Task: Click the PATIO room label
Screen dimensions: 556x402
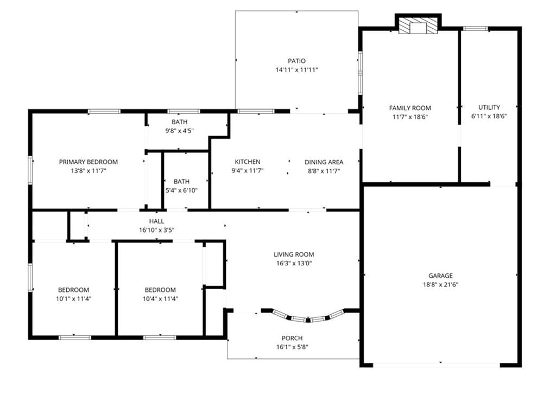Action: coord(296,61)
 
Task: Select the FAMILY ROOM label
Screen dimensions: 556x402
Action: coord(410,108)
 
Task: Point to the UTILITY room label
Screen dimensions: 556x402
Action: coord(489,107)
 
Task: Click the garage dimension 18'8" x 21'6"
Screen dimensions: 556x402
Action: coord(440,284)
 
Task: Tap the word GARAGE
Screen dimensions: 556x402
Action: coord(440,276)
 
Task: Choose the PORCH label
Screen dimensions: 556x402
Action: coord(292,338)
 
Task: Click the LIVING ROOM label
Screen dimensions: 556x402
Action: coord(294,254)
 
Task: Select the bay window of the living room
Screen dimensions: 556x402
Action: coord(308,316)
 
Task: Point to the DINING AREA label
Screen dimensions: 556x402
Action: coord(324,162)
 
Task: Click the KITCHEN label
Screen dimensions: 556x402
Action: coord(248,162)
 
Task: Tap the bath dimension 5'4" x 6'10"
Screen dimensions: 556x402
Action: coord(181,190)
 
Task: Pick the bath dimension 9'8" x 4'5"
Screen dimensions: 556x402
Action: coord(179,131)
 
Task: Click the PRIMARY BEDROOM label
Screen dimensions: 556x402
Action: coord(89,162)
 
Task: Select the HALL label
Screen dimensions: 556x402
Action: coord(156,221)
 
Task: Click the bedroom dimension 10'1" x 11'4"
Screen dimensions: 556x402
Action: coord(73,298)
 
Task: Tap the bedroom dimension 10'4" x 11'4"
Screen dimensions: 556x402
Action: coord(160,298)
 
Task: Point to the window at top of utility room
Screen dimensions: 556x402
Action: coord(475,29)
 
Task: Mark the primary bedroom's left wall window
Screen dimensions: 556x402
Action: coord(30,170)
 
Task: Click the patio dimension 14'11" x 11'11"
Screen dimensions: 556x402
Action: coord(296,70)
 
